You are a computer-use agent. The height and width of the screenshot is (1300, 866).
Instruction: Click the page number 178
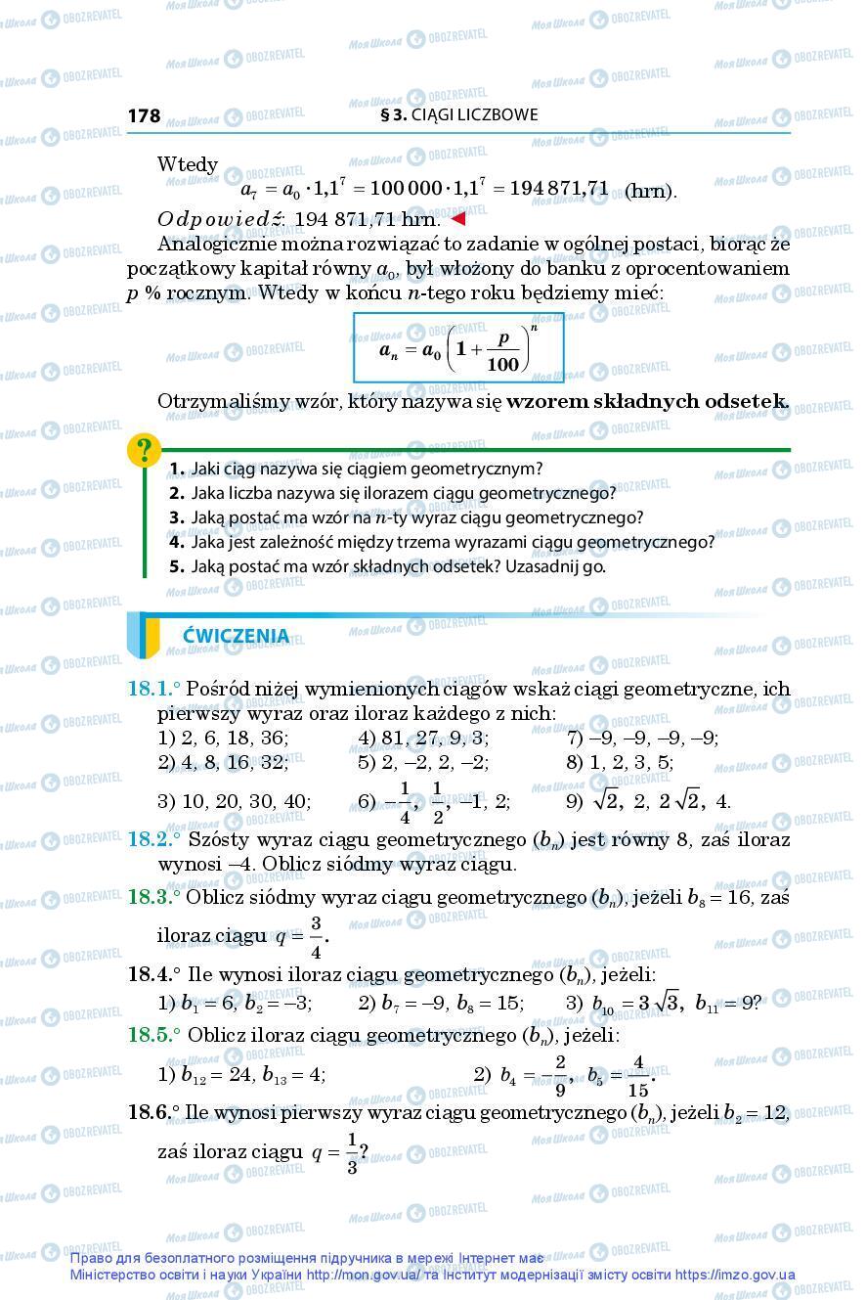tap(144, 115)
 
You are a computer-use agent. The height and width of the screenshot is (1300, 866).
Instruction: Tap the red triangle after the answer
tap(456, 217)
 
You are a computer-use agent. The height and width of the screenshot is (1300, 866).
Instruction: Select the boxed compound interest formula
tap(458, 347)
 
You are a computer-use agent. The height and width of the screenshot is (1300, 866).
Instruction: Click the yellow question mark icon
tap(145, 451)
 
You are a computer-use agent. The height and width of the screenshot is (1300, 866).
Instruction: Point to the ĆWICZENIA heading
tap(236, 636)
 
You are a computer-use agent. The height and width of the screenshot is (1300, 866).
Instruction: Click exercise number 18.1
tap(151, 689)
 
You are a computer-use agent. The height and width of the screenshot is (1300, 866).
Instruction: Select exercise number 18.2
tap(151, 839)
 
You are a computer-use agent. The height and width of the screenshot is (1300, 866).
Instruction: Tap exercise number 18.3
tap(151, 897)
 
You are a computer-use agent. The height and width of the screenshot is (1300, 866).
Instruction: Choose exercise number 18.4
tap(151, 973)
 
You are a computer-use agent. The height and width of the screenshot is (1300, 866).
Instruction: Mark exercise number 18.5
tap(151, 1034)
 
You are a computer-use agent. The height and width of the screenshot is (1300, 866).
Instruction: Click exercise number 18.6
tap(151, 1113)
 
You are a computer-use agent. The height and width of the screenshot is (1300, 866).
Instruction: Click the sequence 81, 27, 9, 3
tap(433, 739)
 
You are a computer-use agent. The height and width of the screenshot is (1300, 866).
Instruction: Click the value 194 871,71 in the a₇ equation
tap(558, 187)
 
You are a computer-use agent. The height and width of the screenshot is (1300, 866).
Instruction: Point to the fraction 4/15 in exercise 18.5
tap(638, 1075)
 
